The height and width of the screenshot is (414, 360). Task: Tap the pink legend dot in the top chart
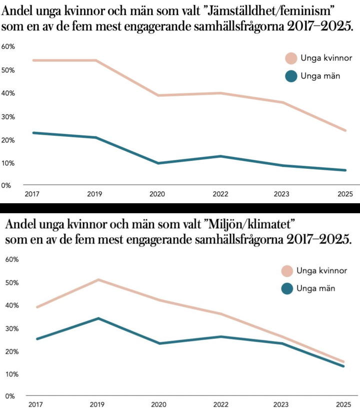(290, 58)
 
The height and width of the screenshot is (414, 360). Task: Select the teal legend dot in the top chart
(290, 76)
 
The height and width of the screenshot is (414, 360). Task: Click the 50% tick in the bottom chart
(11, 283)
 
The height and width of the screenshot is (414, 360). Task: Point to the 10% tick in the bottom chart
(11, 374)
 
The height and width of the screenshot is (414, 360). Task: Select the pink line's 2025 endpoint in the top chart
(345, 130)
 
